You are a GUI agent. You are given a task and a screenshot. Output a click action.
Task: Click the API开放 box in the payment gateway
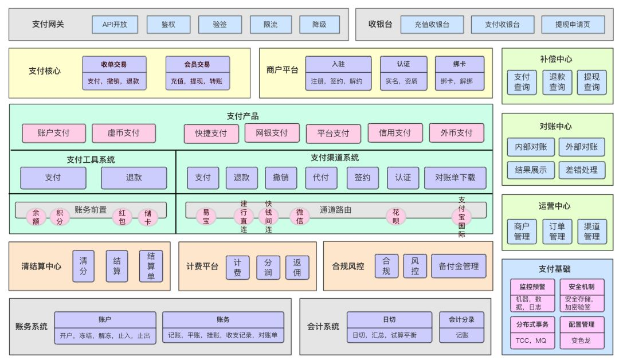coord(115,25)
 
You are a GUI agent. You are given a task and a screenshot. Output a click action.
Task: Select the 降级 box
coord(319,25)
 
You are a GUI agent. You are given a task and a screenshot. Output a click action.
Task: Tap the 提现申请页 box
coord(580,25)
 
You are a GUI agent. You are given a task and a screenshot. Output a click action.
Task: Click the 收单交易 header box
coord(114,64)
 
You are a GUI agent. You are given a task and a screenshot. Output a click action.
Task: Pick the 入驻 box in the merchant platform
coord(338,64)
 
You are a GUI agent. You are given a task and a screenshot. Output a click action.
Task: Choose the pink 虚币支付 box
coord(124,133)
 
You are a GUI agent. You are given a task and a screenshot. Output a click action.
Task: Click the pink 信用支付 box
coord(395,133)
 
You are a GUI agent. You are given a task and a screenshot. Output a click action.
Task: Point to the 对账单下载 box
coord(455,178)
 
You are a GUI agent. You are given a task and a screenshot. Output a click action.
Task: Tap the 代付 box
coord(320,178)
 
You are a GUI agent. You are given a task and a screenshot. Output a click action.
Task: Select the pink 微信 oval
coord(299,216)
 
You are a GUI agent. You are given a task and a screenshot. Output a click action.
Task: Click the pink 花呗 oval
coord(396,216)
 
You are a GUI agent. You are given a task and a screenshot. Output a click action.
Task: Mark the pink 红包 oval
coord(122,216)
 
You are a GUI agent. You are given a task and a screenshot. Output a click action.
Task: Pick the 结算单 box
coord(151,266)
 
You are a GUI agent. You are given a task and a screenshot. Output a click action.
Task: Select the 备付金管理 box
coord(459,266)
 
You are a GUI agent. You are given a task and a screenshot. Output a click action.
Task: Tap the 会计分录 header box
coord(462,319)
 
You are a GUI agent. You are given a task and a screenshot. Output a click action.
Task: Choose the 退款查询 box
coord(557,82)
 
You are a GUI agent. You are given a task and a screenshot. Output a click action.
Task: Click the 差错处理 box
coord(582,170)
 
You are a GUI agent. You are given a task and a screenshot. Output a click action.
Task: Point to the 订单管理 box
coord(557,232)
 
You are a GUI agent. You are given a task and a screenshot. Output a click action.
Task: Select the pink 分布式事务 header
coord(533,324)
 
